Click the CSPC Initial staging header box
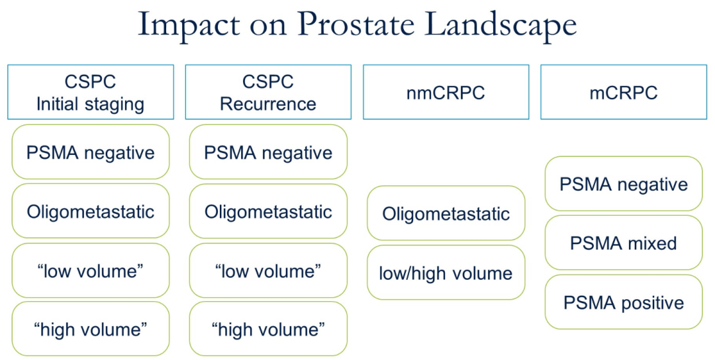pos(91,92)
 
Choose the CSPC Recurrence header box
pos(268,92)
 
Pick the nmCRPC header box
pos(446,92)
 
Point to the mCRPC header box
pos(624,92)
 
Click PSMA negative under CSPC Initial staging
pos(91,152)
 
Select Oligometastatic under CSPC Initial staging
pos(91,211)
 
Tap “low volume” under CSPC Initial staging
pos(91,270)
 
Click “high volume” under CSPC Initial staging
pos(91,328)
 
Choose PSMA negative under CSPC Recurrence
pos(268,152)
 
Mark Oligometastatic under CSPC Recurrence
pos(268,211)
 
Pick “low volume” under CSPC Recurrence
pos(268,270)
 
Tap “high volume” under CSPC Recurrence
pos(268,328)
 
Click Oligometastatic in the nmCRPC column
pos(446,213)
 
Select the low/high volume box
pos(446,273)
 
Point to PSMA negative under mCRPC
pos(624,184)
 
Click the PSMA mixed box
pos(624,242)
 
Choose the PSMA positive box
pos(624,302)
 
